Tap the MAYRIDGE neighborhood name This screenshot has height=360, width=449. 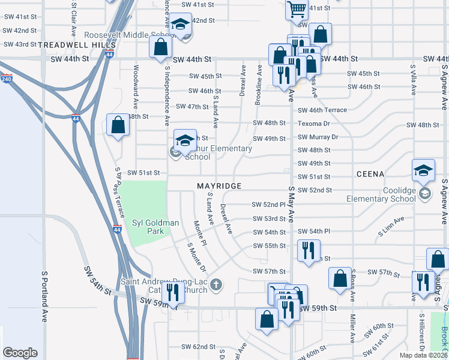click(x=219, y=187)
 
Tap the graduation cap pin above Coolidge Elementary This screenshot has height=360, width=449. click(x=423, y=170)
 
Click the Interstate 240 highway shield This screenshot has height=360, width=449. click(x=7, y=79)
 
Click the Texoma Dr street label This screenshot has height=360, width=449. click(x=315, y=124)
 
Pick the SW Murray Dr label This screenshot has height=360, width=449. click(x=319, y=137)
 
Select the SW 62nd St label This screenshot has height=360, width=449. click(x=199, y=347)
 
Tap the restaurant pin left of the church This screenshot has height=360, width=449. click(x=172, y=292)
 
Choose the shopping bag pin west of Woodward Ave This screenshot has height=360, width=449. click(x=118, y=125)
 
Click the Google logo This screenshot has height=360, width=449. click(x=20, y=353)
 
